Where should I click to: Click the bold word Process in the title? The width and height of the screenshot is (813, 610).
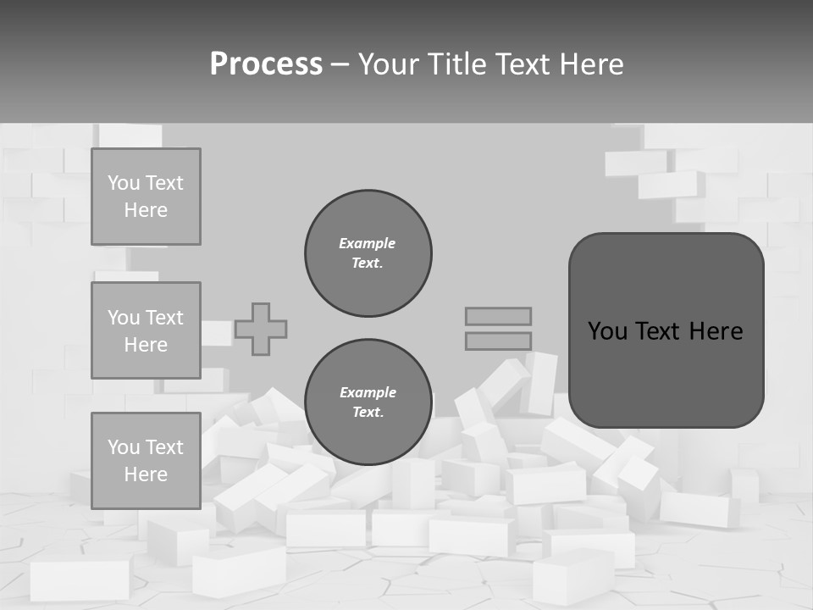pos(266,64)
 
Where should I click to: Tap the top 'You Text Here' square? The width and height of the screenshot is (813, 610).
pos(146,197)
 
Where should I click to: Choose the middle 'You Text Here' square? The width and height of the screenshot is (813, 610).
pos(146,330)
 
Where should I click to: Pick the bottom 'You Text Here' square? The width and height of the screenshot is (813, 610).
pos(146,461)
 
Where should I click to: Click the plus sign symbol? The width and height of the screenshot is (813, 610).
pos(261,329)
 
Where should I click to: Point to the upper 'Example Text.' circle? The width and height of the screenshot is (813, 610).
pos(368,253)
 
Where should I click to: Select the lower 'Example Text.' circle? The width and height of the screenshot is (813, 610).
pos(368,402)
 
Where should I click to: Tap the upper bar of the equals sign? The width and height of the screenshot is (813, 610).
pos(498,316)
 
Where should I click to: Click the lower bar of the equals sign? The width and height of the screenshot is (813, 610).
pos(498,341)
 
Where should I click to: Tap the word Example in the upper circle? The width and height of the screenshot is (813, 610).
pos(367,243)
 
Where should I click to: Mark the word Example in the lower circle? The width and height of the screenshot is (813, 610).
pos(368,392)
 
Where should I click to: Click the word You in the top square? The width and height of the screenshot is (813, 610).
pos(124,183)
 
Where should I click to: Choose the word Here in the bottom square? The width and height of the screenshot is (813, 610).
pos(146,474)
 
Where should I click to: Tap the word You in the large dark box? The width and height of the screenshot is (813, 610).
pos(608,331)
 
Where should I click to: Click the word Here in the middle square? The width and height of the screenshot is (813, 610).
pos(146,345)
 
